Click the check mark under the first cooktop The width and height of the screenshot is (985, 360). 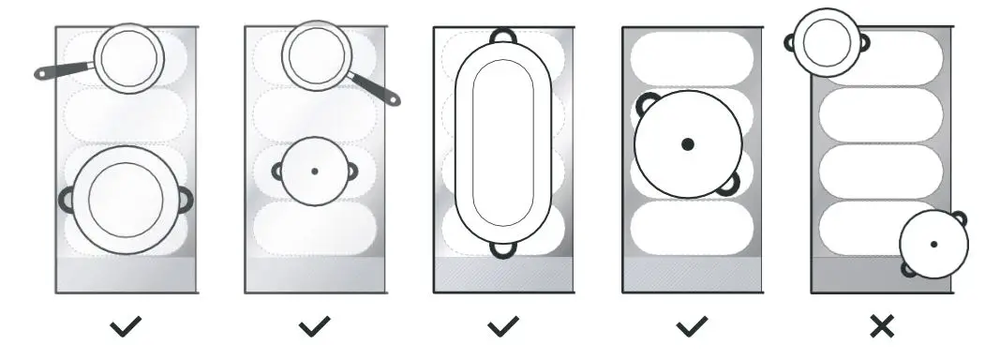(x=126, y=326)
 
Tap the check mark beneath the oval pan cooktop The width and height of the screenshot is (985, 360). (x=503, y=326)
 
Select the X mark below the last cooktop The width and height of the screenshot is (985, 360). (x=881, y=326)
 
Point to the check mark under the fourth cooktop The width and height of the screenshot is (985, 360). (x=692, y=326)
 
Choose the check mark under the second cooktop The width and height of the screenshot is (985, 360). (x=314, y=326)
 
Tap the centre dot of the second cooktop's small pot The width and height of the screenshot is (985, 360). (x=314, y=171)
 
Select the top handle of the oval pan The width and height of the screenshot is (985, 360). (x=503, y=35)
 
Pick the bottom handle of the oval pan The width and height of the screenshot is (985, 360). (x=503, y=249)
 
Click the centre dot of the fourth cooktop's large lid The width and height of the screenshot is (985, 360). (x=688, y=144)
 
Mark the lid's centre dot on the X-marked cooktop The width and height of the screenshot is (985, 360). (x=933, y=244)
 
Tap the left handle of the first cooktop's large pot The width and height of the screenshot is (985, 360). (x=66, y=199)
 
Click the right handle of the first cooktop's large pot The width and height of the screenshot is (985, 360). (x=187, y=199)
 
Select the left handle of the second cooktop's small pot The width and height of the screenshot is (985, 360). (x=277, y=171)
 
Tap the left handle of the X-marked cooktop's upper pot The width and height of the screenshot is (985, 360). (x=790, y=42)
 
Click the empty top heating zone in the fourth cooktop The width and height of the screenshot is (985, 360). (x=692, y=58)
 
